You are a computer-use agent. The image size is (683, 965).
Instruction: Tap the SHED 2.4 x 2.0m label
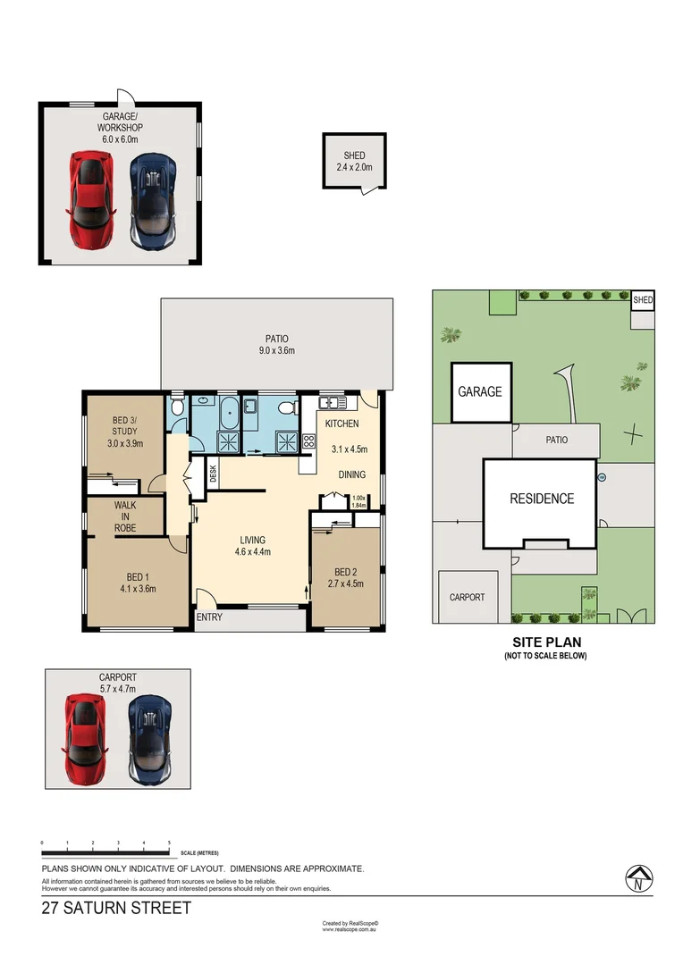[x=354, y=161]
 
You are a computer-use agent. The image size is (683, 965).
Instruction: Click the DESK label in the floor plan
[x=214, y=474]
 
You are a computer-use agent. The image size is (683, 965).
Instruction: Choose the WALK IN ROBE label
[x=125, y=516]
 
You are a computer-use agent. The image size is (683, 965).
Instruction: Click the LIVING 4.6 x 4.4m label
[x=252, y=546]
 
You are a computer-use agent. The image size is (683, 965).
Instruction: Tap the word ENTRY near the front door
[x=209, y=617]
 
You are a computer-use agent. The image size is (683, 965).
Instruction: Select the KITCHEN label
[x=341, y=424]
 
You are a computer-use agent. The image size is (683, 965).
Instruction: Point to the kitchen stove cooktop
[x=309, y=441]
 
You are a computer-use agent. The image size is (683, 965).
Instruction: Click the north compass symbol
[x=637, y=879]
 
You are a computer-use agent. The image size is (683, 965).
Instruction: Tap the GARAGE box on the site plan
[x=480, y=391]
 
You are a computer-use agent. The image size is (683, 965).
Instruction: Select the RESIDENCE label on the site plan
[x=542, y=499]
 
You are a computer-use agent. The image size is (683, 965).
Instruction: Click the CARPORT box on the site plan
[x=467, y=597]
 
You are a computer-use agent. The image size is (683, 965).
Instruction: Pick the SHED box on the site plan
[x=643, y=300]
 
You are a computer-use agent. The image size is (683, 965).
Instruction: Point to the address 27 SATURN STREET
[x=117, y=909]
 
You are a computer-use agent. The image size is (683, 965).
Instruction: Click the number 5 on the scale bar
[x=169, y=843]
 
